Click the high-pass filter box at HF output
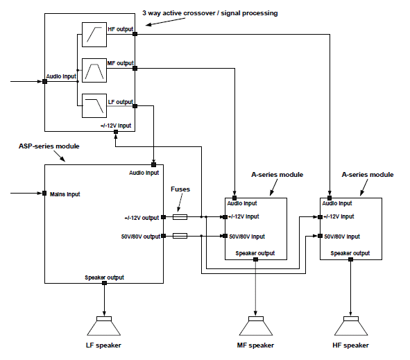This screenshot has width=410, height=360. point(94,35)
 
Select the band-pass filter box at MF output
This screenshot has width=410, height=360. point(94,70)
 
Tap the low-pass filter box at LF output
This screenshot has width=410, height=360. point(94,105)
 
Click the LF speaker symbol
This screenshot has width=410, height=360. point(104,326)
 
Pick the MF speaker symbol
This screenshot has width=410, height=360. point(256,326)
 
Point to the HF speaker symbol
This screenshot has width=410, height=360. point(350,326)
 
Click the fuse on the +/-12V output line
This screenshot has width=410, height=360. point(180,216)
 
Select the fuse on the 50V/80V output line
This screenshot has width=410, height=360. point(180,236)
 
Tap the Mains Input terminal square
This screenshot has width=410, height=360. point(44,194)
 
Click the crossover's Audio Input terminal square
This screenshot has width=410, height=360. point(44,81)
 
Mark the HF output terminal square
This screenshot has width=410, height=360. point(135,34)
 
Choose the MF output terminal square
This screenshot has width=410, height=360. point(135,69)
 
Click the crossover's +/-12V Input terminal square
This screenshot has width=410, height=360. point(116,132)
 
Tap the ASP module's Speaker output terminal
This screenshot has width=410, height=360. point(104,283)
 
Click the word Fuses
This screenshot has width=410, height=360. point(180,189)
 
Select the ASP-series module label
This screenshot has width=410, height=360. point(49,146)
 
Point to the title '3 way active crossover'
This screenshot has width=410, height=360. point(180,13)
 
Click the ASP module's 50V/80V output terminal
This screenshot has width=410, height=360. point(164,236)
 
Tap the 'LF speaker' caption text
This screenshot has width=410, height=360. point(103,345)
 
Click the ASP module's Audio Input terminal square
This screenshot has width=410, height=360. point(154,164)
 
